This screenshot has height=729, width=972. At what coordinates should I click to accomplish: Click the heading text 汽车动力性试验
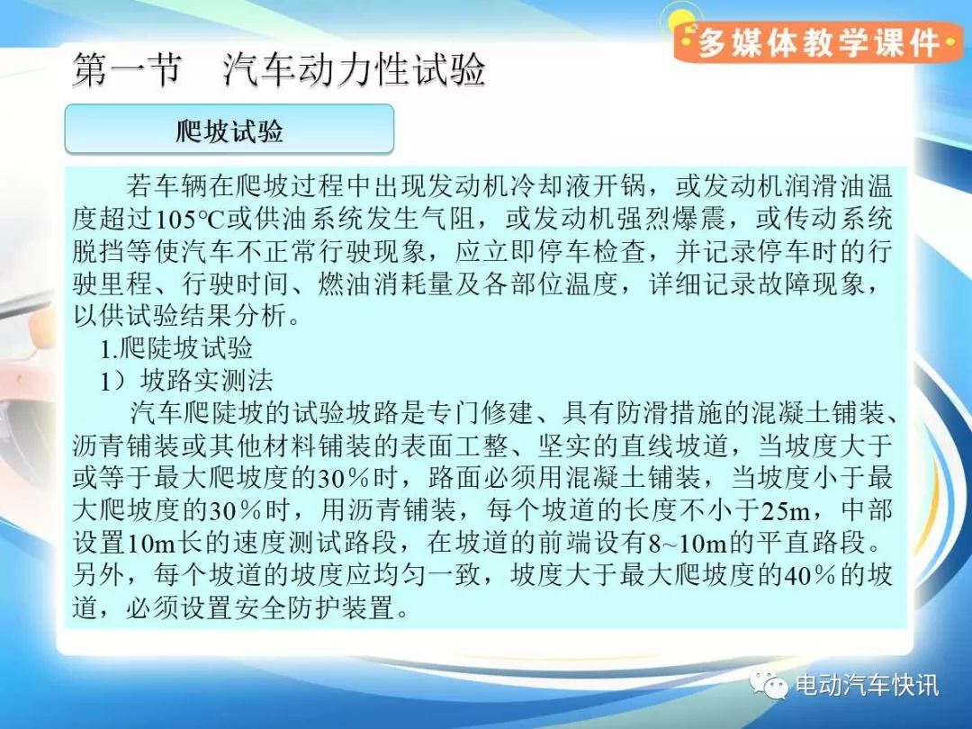click(354, 70)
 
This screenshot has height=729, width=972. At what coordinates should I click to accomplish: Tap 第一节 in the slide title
click(128, 70)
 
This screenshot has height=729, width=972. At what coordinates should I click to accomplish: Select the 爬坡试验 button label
click(229, 130)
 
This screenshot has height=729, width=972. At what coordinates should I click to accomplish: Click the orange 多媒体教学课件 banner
click(818, 42)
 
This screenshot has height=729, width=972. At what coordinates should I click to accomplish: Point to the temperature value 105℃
click(190, 219)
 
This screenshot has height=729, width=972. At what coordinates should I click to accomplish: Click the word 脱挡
click(99, 251)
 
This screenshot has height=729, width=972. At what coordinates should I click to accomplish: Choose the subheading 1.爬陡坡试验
click(176, 348)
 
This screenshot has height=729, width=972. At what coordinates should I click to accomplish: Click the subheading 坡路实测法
click(206, 381)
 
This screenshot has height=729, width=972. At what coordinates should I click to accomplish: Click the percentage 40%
click(810, 575)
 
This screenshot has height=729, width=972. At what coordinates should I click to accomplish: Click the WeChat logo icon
click(768, 683)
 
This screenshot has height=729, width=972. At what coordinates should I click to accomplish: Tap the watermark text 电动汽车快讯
click(867, 685)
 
